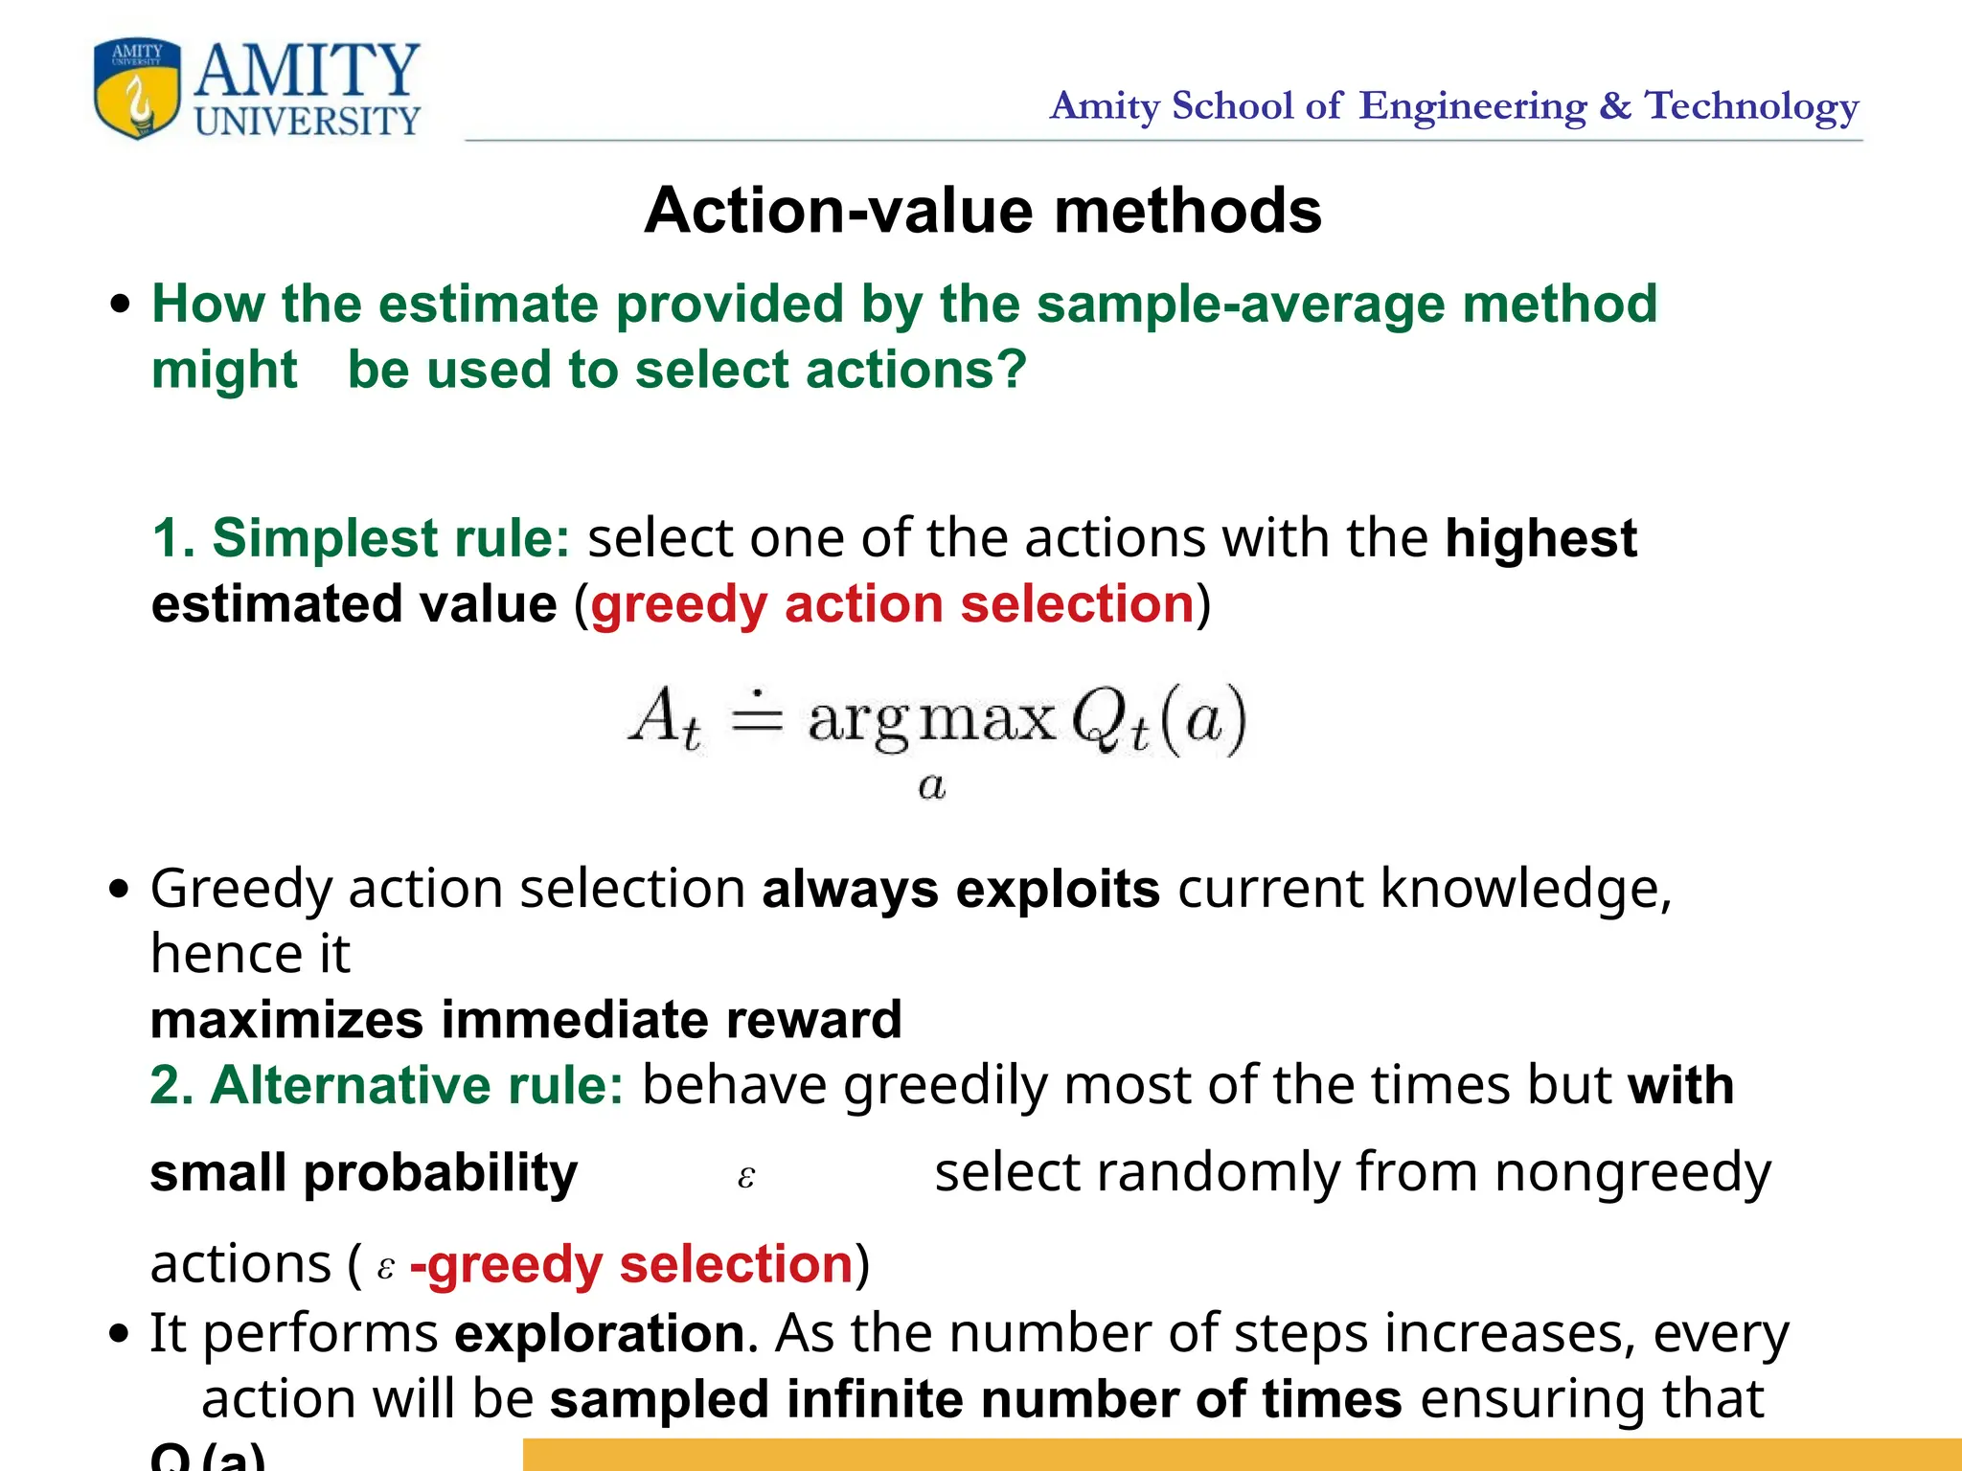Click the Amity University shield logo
(x=137, y=88)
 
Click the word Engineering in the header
(x=1472, y=106)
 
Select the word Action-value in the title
(x=840, y=211)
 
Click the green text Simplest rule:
(x=361, y=538)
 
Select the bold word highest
(x=1540, y=538)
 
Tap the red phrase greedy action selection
(x=892, y=605)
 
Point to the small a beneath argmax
(x=931, y=787)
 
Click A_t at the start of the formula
(x=665, y=718)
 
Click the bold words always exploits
(x=961, y=890)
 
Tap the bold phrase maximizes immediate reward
(x=526, y=1020)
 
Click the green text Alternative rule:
(x=387, y=1086)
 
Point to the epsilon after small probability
(x=746, y=1177)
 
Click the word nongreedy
(x=1632, y=1173)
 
